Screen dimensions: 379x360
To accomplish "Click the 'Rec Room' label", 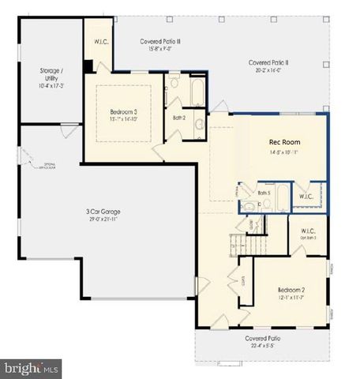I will [285, 142].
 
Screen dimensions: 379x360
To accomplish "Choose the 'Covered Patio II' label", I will [268, 62].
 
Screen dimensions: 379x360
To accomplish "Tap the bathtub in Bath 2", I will [197, 91].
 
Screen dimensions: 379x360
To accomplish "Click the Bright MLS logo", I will [32, 367].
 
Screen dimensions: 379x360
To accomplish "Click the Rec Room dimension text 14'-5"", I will [285, 154].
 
